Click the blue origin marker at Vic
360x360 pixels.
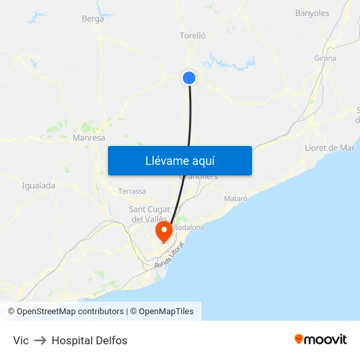(x=189, y=78)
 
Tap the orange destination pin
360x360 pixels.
(x=163, y=231)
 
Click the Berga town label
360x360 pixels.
(x=93, y=19)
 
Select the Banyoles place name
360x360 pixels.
(x=312, y=13)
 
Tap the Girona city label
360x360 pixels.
(x=325, y=58)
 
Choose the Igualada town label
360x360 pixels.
(x=39, y=185)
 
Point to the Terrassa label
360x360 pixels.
(x=132, y=191)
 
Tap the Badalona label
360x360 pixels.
(x=190, y=227)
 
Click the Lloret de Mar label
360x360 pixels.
(x=330, y=148)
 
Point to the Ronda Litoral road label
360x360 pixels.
(x=170, y=255)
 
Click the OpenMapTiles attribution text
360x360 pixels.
(x=166, y=312)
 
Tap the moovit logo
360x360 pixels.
(x=321, y=340)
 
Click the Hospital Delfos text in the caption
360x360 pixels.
(x=90, y=340)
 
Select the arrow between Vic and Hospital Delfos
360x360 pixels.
(x=40, y=340)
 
